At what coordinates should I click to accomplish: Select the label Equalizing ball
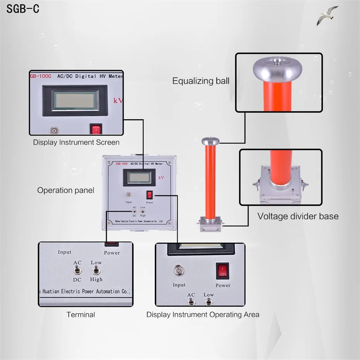pos(201,81)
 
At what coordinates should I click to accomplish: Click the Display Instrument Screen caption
pos(76,142)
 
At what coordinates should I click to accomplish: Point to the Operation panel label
pos(65,190)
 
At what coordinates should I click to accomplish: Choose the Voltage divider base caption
pos(298,216)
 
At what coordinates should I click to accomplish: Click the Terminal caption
pos(81,314)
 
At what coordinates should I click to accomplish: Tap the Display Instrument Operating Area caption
pos(202,314)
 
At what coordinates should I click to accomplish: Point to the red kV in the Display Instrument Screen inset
pos(118,101)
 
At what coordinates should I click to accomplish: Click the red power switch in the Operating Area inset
pos(223,271)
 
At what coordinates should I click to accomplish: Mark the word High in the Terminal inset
pos(96,279)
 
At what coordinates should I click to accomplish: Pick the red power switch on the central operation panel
pos(149,195)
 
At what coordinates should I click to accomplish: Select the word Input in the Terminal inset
pos(65,252)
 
